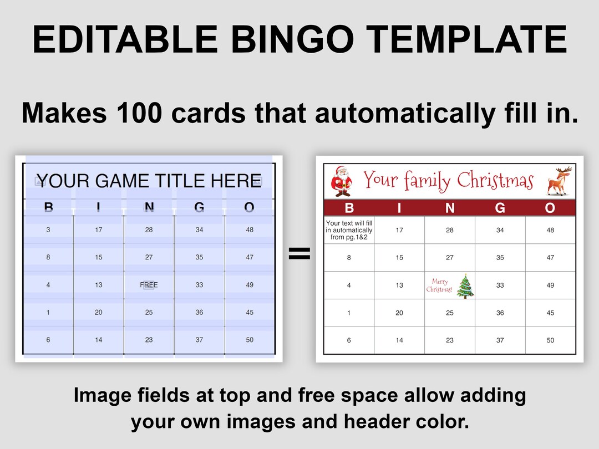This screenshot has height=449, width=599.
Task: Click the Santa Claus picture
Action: (341, 181)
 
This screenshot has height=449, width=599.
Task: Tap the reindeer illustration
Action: (557, 181)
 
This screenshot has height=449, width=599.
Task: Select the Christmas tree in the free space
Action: (465, 285)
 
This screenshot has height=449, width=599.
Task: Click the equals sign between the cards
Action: (299, 254)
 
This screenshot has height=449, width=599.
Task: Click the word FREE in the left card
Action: (149, 285)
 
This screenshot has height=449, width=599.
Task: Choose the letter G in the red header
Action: (500, 208)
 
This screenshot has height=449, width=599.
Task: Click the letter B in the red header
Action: (349, 208)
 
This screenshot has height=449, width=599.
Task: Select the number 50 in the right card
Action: (550, 340)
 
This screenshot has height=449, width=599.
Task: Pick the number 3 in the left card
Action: (48, 229)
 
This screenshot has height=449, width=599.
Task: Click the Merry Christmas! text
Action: (439, 285)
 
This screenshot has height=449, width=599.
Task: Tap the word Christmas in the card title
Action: (495, 181)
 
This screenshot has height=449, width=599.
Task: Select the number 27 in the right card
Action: (449, 257)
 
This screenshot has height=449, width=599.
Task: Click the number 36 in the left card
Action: (199, 313)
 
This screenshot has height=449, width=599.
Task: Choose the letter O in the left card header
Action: (249, 208)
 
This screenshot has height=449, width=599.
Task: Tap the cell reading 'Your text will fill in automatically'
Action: (349, 230)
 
